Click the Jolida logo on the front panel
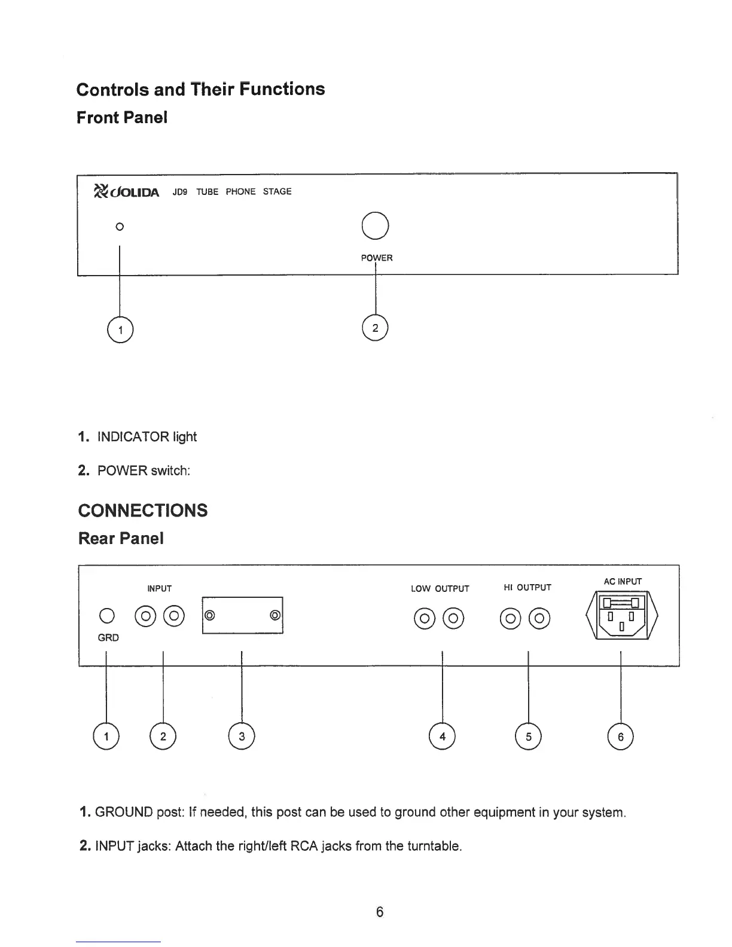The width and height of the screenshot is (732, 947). coord(126,191)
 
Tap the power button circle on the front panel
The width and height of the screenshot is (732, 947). coord(376,225)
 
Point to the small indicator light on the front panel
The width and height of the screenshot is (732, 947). coord(120,227)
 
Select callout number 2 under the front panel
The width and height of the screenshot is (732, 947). coord(375,328)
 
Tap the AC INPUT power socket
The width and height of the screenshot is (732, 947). coord(622,615)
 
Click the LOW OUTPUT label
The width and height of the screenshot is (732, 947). coord(440,588)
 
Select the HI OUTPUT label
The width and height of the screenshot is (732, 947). coord(527,587)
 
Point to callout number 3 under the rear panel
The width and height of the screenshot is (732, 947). coord(242,737)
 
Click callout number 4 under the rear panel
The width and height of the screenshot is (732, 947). coord(442,737)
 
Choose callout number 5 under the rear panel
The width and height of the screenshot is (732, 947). coord(528,737)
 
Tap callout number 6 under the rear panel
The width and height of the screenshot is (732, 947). coord(621,737)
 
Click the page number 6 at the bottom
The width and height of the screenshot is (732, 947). coord(379,911)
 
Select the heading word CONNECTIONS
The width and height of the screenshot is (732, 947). coord(143,510)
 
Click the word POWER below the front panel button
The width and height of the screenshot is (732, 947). coord(376,258)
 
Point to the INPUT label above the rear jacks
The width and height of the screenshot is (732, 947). coord(159,588)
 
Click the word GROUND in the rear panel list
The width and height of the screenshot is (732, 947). coord(124,812)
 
